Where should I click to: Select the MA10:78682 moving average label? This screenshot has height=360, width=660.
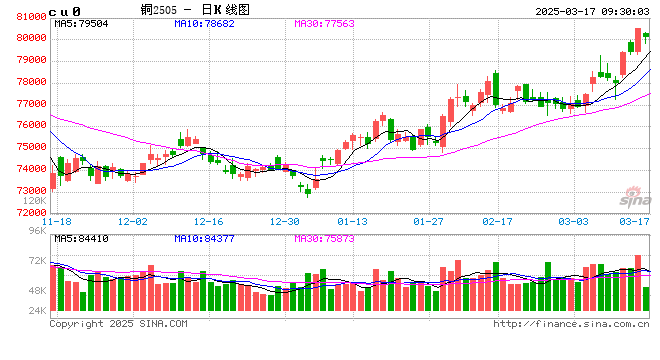(207, 22)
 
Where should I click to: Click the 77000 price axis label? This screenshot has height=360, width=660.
(25, 104)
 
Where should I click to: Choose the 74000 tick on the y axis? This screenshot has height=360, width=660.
(25, 169)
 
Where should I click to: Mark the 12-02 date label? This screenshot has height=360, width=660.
(133, 220)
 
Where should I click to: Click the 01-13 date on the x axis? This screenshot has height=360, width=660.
(353, 220)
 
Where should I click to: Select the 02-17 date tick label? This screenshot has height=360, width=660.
(497, 220)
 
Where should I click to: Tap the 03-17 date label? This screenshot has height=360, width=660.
(632, 220)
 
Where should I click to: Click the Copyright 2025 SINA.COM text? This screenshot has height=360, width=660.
(119, 323)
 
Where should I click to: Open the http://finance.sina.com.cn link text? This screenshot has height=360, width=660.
(571, 323)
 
